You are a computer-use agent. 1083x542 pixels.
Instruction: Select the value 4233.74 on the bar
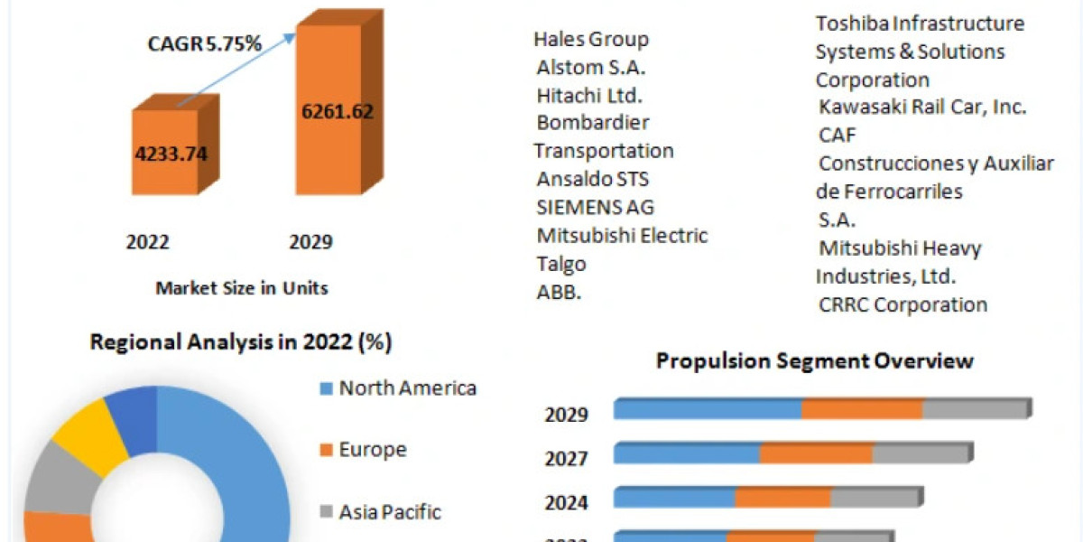click(x=171, y=154)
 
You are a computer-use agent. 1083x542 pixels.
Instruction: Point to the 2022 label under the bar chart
click(x=147, y=242)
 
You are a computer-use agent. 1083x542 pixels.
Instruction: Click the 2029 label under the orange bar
click(x=310, y=242)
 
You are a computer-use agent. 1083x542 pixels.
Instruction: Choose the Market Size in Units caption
click(x=242, y=288)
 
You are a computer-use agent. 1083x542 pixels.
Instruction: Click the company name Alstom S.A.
click(x=591, y=67)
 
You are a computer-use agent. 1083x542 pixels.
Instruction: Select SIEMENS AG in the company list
click(x=596, y=207)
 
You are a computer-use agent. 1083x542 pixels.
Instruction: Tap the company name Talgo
click(x=561, y=264)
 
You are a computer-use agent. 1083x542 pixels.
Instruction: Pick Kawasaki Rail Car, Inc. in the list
click(x=922, y=107)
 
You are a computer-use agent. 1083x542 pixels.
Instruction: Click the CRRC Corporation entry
click(x=902, y=304)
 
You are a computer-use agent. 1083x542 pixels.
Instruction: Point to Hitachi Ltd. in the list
click(x=589, y=95)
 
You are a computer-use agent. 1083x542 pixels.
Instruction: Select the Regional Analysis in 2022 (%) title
click(x=241, y=342)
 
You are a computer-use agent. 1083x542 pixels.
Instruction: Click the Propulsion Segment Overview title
click(x=815, y=360)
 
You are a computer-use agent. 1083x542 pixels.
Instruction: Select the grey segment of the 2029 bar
click(x=975, y=409)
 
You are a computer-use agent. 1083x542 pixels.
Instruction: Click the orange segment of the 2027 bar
click(x=816, y=453)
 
